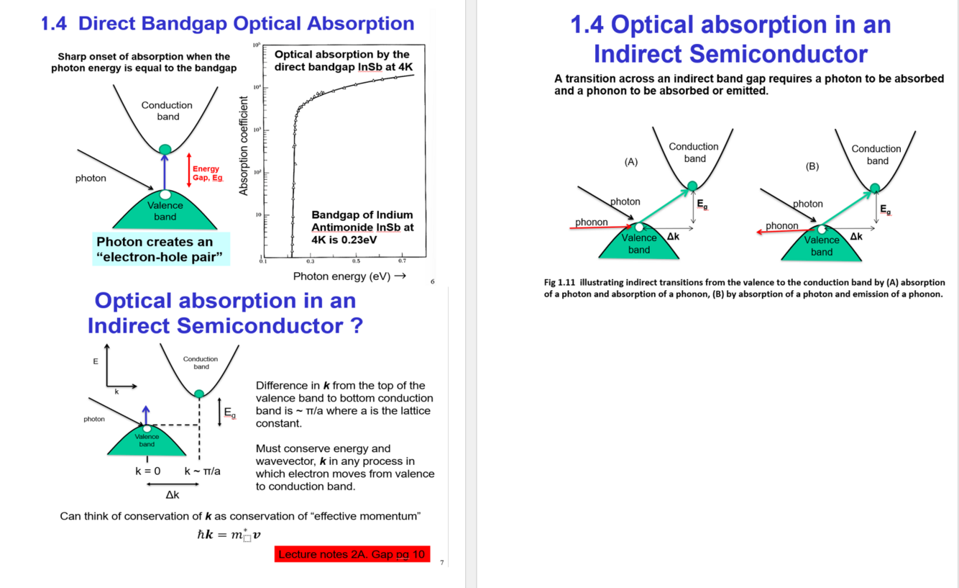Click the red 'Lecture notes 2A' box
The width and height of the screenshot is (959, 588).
click(352, 554)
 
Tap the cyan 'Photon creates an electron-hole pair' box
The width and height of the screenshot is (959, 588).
click(161, 249)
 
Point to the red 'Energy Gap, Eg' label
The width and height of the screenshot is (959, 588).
click(207, 173)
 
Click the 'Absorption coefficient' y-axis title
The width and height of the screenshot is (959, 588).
click(244, 145)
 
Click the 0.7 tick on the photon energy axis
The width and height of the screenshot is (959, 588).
click(402, 261)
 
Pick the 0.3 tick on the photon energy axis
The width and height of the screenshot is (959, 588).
click(310, 261)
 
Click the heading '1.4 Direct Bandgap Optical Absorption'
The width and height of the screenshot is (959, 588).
click(227, 24)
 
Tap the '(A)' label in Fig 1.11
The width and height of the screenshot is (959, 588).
click(631, 162)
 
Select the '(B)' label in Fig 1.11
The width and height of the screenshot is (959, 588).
click(812, 166)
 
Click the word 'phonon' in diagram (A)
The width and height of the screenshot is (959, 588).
click(591, 222)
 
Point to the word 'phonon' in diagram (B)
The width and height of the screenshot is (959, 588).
click(782, 225)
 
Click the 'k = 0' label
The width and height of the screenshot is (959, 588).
click(147, 471)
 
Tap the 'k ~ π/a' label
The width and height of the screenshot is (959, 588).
click(202, 471)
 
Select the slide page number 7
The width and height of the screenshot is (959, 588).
click(442, 562)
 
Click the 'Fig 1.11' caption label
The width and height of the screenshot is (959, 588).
click(560, 283)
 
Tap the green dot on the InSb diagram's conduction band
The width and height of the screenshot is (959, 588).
click(165, 150)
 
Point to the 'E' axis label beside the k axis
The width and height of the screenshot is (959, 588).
click(96, 361)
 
